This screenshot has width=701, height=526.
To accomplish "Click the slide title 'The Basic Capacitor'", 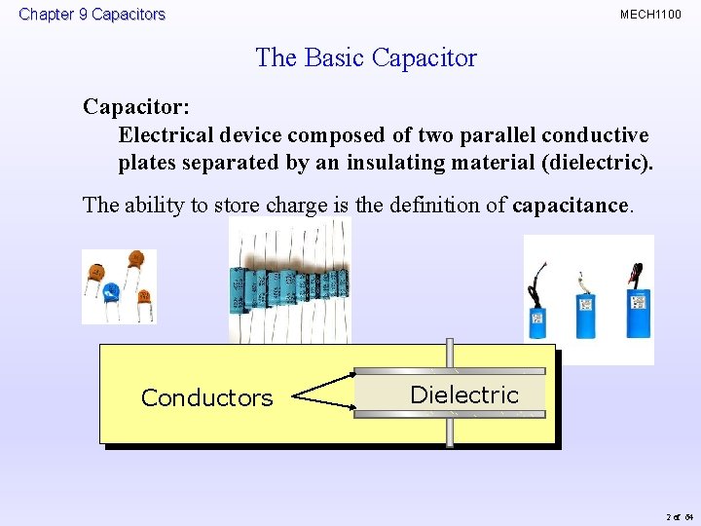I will point(366,58).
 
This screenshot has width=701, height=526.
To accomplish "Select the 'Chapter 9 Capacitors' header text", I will point(92,15).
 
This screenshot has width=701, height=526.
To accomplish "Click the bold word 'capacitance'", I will point(572,205).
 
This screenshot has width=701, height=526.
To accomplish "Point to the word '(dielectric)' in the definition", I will point(596,162).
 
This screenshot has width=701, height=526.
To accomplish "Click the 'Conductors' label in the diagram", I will point(207,397).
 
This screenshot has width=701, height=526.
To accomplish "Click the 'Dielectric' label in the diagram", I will point(464,394).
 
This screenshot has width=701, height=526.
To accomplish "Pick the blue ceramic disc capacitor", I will point(112,289).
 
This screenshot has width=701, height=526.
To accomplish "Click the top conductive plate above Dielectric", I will point(450,373).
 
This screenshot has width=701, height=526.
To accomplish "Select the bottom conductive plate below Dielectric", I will point(450,414).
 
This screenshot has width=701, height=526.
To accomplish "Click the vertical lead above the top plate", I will point(450,354).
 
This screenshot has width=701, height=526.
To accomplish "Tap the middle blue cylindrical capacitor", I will point(587,316).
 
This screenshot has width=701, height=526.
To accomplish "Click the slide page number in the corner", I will point(680,515).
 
